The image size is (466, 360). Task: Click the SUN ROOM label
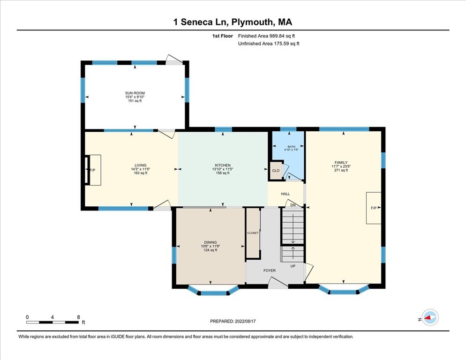[135, 93]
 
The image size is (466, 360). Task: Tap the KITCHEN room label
[222, 165]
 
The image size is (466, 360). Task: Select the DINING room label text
[210, 242]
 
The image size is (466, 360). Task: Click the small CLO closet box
[276, 171]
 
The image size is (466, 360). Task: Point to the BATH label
[292, 147]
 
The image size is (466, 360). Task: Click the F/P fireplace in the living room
[92, 170]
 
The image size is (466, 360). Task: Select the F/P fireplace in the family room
[374, 208]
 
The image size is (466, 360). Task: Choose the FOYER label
[269, 270]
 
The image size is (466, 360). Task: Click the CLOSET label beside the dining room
[253, 233]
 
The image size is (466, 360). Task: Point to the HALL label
[285, 194]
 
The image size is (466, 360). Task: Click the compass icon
[429, 317]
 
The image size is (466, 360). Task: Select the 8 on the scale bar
[78, 317]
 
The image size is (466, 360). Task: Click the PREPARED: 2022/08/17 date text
[233, 321]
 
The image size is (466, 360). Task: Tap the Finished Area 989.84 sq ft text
[266, 36]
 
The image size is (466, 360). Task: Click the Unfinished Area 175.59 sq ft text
[268, 44]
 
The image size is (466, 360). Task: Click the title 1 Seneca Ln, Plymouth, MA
[233, 22]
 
